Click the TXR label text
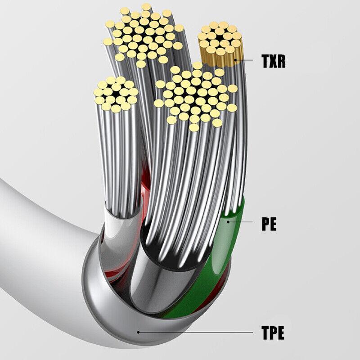274,61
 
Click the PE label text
269,224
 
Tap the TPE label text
273,333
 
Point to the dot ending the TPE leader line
138,332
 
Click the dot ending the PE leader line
228,222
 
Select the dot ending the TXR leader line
235,60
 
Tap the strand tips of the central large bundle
195,96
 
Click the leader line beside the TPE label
196,332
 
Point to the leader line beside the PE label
241,222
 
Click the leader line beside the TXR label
244,60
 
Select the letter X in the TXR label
273,61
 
